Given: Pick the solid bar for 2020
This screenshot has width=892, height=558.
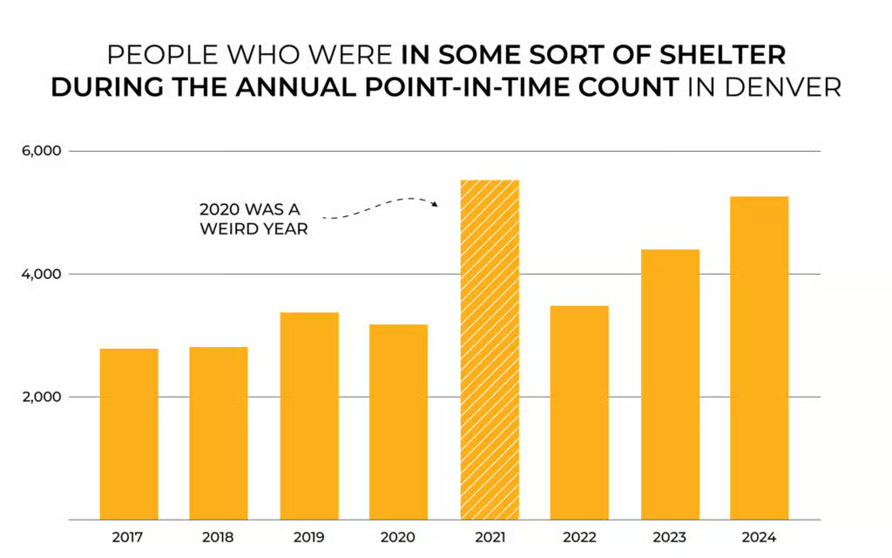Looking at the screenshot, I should [398, 422].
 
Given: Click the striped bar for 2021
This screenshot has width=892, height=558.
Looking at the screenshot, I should [490, 349].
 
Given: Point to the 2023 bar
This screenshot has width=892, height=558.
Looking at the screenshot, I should [670, 384].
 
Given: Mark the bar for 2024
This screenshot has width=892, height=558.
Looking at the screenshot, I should [760, 357].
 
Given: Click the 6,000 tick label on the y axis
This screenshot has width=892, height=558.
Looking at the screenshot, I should [40, 151].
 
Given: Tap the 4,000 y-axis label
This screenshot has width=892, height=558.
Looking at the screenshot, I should [40, 274].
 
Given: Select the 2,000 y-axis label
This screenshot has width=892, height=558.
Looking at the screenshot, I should [40, 397].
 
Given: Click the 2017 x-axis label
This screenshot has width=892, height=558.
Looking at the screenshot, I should [129, 537].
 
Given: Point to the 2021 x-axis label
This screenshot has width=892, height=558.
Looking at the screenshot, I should [489, 537].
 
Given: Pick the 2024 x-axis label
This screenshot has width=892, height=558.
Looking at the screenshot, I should [760, 537].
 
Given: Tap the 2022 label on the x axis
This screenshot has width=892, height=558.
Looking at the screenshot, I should [579, 537].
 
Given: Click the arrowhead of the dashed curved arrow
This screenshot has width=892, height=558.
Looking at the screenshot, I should [435, 204].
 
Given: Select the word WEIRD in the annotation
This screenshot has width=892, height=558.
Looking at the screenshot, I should [227, 230].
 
